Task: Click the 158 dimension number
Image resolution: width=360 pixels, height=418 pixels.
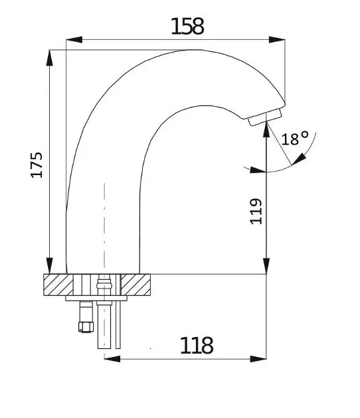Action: (x=187, y=27)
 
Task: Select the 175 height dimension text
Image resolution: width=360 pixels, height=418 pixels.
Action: (x=37, y=165)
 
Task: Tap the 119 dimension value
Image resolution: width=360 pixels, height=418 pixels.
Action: (x=256, y=211)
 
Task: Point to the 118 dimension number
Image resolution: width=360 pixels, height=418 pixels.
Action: (x=197, y=345)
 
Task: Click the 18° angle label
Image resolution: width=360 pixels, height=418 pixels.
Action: (x=295, y=139)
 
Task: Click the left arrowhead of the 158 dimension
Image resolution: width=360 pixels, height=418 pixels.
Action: (x=74, y=40)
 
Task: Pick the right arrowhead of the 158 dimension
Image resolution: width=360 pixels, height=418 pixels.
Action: (x=277, y=40)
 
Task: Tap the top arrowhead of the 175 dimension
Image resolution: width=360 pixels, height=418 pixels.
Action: (x=49, y=58)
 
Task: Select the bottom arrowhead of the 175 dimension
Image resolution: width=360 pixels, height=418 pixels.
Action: (x=49, y=266)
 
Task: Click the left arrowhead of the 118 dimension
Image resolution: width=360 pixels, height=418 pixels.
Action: (x=112, y=358)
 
